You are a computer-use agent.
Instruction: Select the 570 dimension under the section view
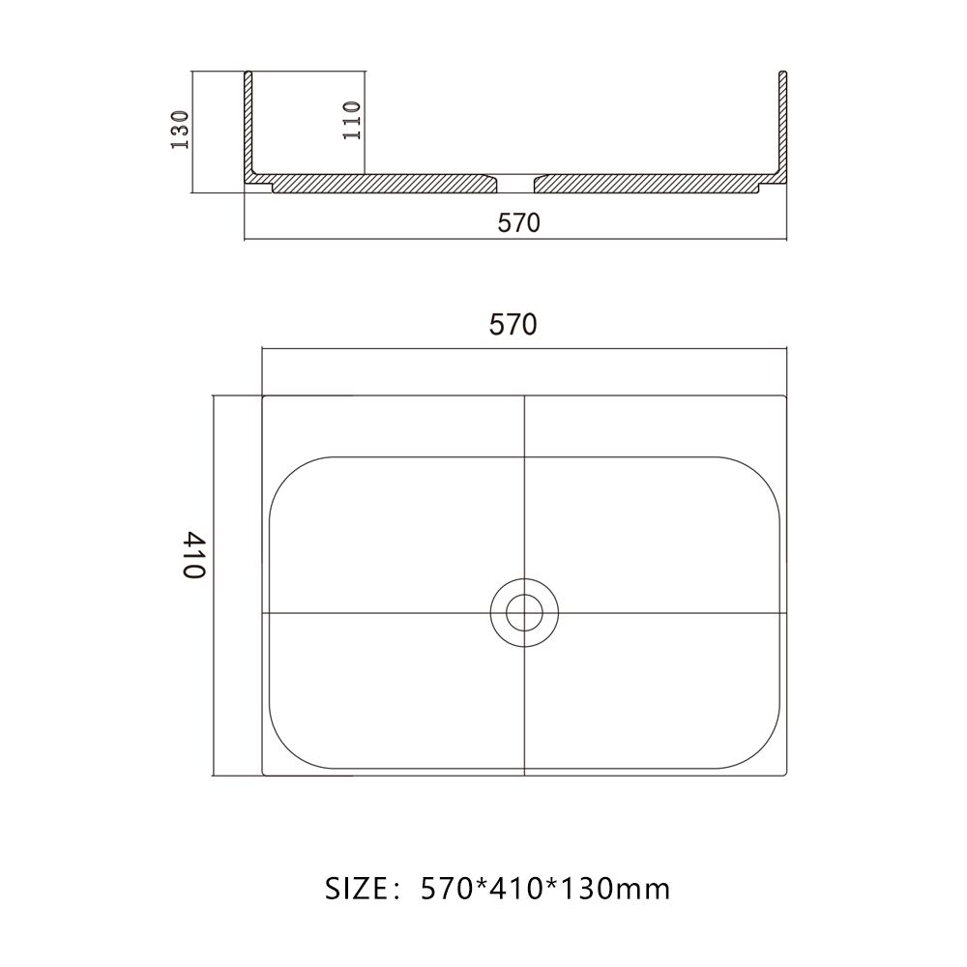(x=518, y=223)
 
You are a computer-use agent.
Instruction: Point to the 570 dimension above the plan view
(x=513, y=325)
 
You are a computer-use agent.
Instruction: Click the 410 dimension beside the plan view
(x=194, y=554)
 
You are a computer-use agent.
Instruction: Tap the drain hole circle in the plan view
(x=523, y=612)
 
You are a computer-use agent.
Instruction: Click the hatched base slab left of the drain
(x=377, y=183)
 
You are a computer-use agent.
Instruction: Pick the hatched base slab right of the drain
(x=648, y=183)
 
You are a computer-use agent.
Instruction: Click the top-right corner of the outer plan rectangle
(x=786, y=396)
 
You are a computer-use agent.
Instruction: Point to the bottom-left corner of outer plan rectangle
(x=264, y=775)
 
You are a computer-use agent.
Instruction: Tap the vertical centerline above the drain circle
(x=523, y=503)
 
